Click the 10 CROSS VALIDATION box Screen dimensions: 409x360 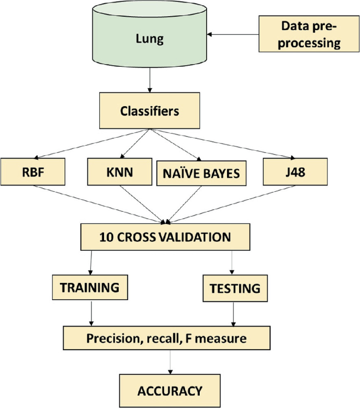165,237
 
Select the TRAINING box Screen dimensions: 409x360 90,288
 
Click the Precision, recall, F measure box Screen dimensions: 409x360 167,339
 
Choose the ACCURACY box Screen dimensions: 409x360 169,390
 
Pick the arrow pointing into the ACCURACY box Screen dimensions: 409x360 170,363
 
